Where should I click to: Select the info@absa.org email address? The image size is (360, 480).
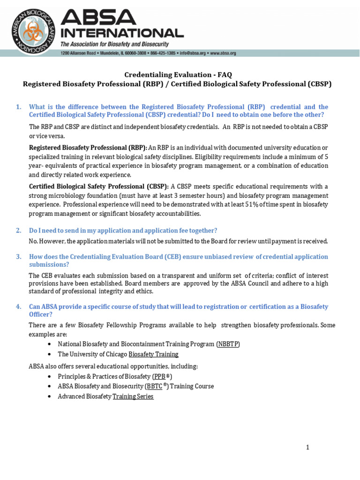[x=191, y=53]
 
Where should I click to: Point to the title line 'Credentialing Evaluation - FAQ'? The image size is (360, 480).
[x=178, y=75]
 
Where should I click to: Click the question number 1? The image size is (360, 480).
[x=18, y=107]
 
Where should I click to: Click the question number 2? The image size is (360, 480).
[x=18, y=230]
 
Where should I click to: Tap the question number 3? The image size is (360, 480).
[x=18, y=256]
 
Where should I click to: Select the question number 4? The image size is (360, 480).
[x=18, y=307]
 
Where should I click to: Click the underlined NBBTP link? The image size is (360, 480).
[x=228, y=344]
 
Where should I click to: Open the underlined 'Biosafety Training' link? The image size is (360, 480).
[x=153, y=354]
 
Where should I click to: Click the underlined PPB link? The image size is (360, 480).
[x=159, y=376]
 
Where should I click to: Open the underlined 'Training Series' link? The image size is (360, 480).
[x=133, y=397]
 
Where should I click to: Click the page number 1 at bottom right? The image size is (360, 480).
[x=307, y=448]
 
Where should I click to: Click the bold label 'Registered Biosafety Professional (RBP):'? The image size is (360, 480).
[x=88, y=148]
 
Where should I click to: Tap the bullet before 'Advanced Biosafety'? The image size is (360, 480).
[x=50, y=397]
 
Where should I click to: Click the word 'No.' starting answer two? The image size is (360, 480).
[x=33, y=241]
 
